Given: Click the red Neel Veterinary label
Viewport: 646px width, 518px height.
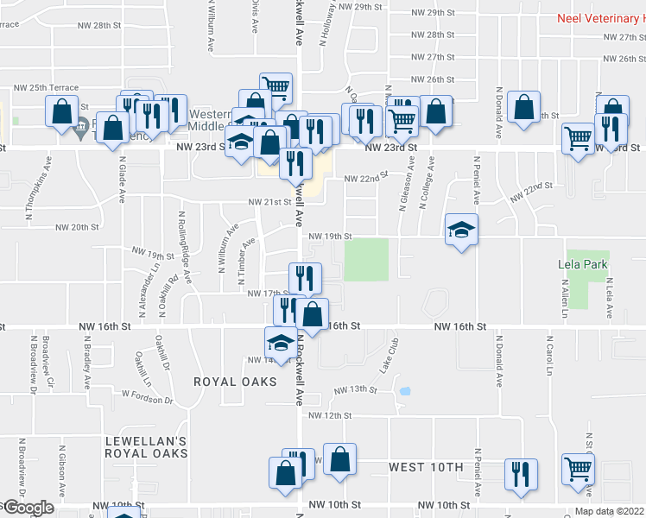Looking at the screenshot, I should pos(597,17).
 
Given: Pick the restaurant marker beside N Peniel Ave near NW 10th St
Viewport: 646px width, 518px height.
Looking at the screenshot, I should pos(521,475).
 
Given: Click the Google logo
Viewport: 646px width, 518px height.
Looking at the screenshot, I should pos(28,508).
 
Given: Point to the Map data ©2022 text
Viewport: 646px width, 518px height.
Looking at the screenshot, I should pos(608,511).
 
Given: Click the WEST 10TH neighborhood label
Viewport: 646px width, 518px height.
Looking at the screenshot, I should pos(426,467).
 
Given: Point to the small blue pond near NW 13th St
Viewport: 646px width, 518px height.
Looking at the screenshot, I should pos(404,391).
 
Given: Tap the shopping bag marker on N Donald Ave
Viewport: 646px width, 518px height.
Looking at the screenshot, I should pos(523,108).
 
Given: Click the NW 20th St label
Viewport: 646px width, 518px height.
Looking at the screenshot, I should pos(78,228).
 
